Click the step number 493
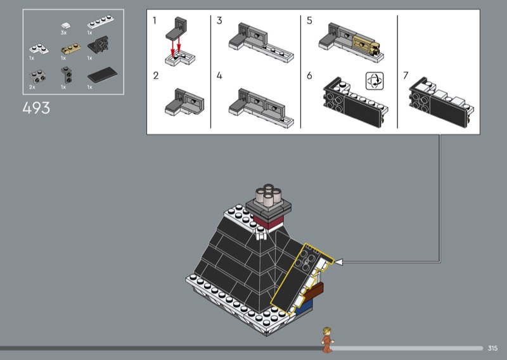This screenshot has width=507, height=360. click(36, 108)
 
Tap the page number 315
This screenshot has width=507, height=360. click(492, 348)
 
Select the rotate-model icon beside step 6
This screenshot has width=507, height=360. click(375, 81)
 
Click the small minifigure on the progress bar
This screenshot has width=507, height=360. click(327, 340)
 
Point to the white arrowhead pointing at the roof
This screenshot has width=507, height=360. click(338, 262)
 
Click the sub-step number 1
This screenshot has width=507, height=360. click(155, 21)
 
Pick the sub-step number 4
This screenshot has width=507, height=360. click(219, 75)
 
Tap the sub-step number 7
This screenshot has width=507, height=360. click(406, 75)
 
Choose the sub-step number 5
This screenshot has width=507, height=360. click(309, 21)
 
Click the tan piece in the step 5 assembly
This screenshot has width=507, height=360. click(366, 45)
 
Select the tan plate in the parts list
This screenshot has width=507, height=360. click(70, 49)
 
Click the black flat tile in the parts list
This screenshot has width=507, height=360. click(102, 74)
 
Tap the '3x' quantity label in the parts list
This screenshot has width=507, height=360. click(63, 33)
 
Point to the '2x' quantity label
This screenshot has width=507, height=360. click(32, 87)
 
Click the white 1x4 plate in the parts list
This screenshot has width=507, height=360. click(101, 22)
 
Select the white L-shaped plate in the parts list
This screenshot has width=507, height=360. click(39, 49)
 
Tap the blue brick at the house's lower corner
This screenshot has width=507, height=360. click(304, 306)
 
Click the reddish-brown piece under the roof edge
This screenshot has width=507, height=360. click(314, 290)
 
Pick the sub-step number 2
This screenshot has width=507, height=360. click(155, 75)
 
